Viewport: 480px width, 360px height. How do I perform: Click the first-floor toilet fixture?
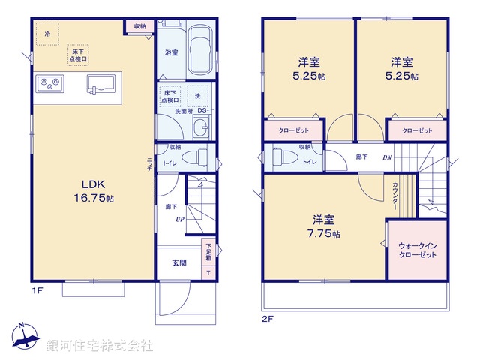[196, 157]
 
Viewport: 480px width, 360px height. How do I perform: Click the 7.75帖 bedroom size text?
[324, 234]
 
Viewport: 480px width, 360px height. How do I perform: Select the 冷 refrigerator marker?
[47, 34]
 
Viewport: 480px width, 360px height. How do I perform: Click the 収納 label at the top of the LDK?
[140, 26]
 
